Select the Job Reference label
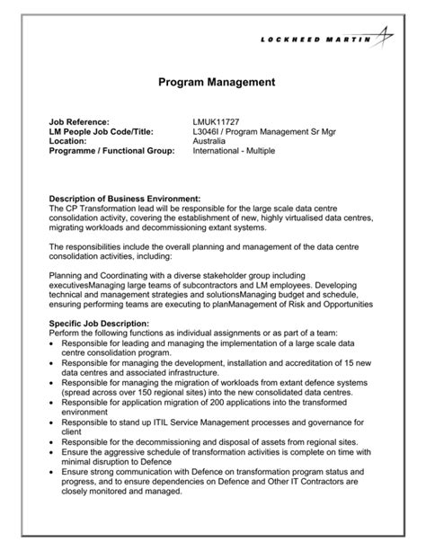[79, 121]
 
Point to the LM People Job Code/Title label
[104, 131]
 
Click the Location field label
[67, 141]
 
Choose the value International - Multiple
[234, 151]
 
